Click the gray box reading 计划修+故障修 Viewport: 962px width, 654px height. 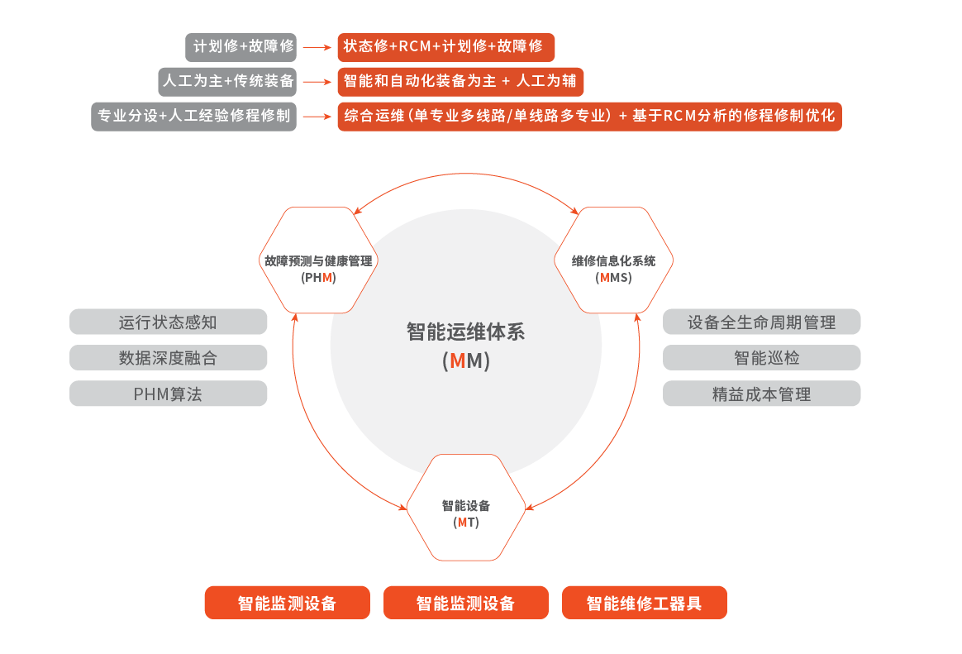tap(240, 46)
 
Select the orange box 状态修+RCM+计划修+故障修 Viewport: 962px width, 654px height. tap(445, 46)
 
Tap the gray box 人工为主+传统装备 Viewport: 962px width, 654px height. tap(227, 82)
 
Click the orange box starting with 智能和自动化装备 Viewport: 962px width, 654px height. tap(460, 82)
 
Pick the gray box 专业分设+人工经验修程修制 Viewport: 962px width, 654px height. tap(193, 117)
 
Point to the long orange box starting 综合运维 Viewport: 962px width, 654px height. tap(589, 117)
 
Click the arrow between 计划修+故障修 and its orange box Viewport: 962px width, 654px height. tap(317, 47)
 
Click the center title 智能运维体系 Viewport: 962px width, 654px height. tap(465, 332)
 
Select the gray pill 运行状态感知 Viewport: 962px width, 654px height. tap(169, 322)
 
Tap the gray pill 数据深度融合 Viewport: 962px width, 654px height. tap(169, 358)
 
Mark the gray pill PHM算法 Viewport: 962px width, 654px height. tap(169, 394)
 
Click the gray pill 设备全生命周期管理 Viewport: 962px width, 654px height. tap(761, 322)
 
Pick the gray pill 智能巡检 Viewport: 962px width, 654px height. tap(761, 358)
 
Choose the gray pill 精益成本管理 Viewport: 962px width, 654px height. tap(761, 394)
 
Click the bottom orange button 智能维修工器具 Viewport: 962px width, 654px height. tap(644, 603)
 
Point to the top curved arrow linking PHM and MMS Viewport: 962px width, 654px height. tap(467, 174)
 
